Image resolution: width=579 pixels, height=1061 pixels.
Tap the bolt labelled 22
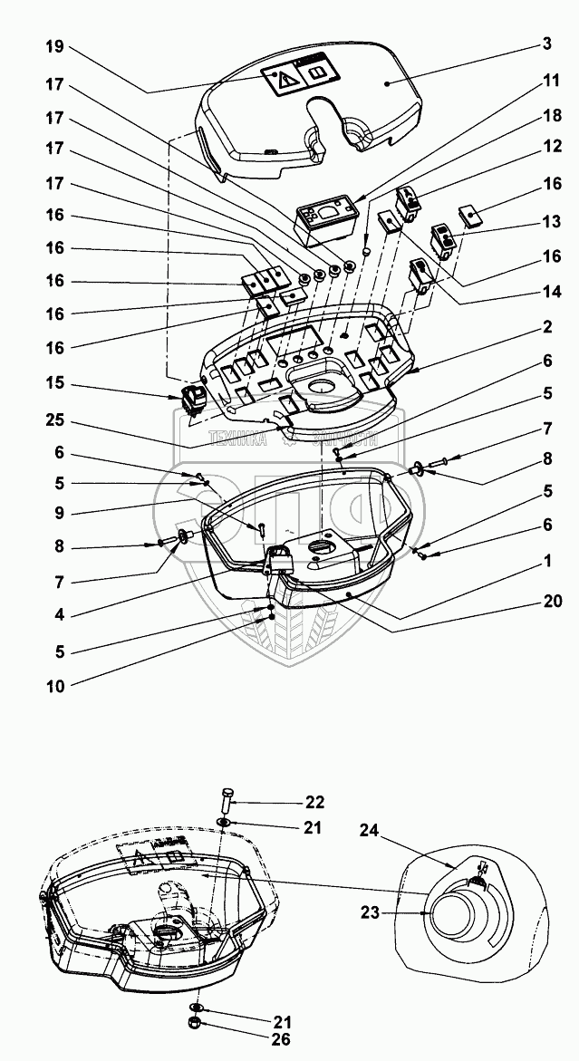pyautogui.click(x=227, y=803)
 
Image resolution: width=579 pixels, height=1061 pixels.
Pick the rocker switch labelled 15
pyautogui.click(x=191, y=399)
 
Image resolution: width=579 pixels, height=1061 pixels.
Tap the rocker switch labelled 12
pyautogui.click(x=408, y=205)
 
